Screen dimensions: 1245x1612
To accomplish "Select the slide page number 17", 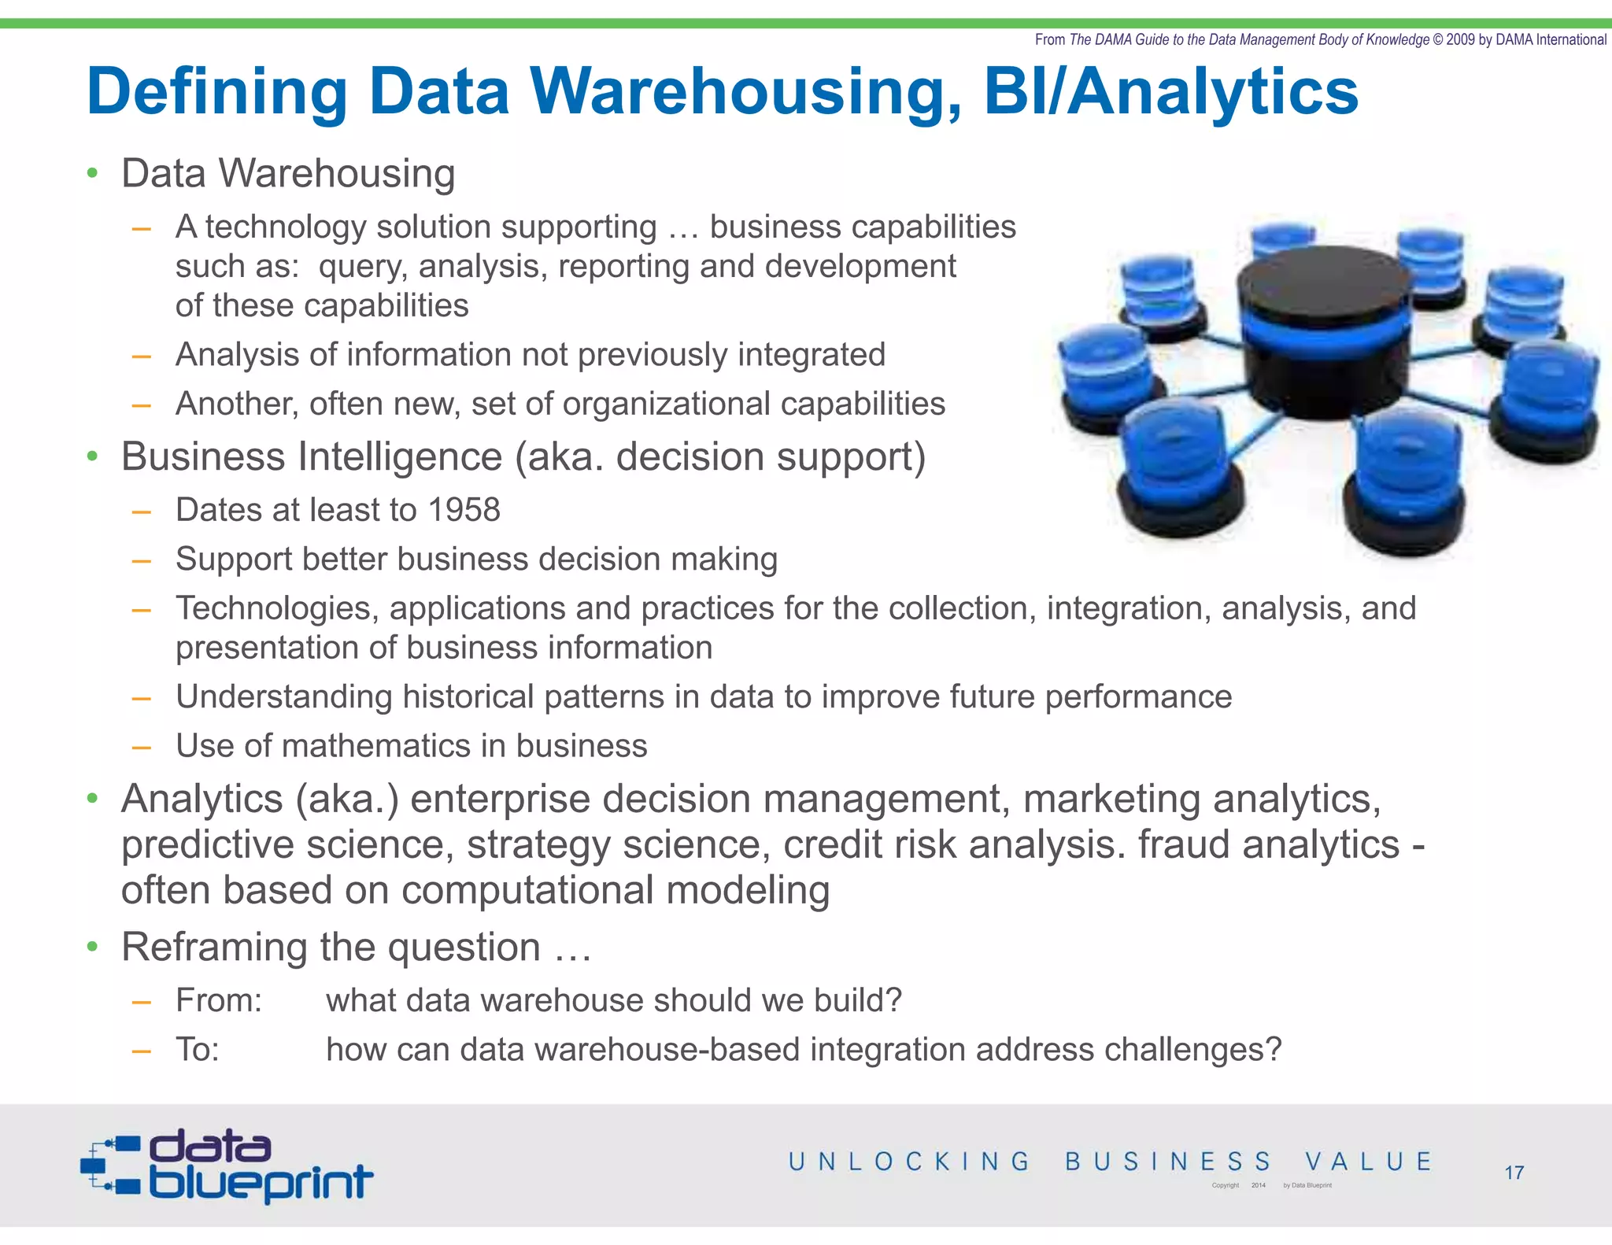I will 1514,1173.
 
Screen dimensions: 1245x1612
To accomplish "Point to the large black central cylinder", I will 1325,331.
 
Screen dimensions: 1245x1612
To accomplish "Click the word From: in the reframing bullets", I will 219,1000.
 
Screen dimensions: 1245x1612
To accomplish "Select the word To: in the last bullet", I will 197,1050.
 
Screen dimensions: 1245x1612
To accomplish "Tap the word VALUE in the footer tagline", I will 1368,1162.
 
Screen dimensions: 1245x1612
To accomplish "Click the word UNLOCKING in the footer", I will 909,1162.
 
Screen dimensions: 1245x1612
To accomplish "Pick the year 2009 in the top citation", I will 1460,39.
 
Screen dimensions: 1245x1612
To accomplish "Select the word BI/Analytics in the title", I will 1170,91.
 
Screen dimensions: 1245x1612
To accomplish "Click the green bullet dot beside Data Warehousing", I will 93,174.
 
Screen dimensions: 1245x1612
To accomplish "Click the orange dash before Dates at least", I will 142,512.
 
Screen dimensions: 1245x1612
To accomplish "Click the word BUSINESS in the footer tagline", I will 1168,1162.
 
